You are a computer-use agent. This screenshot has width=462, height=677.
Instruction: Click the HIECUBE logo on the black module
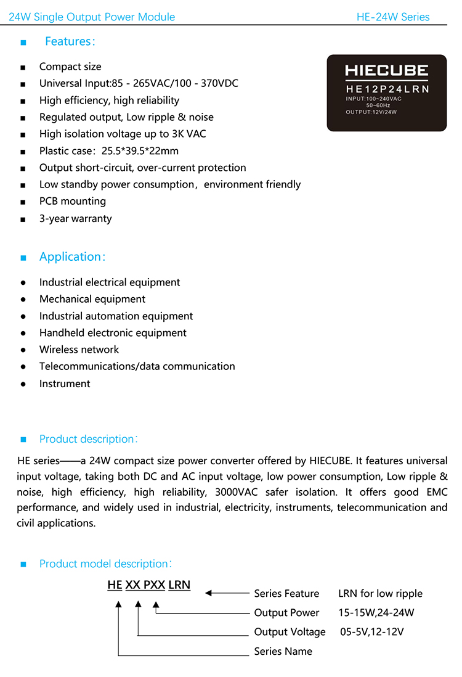pyautogui.click(x=386, y=71)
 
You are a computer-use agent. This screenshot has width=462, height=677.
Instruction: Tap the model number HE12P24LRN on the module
pyautogui.click(x=386, y=89)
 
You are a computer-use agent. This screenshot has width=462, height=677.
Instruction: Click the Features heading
pyautogui.click(x=70, y=41)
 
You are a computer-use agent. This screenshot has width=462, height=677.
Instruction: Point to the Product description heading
pyautogui.click(x=88, y=439)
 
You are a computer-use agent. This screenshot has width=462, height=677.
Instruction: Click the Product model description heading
pyautogui.click(x=105, y=564)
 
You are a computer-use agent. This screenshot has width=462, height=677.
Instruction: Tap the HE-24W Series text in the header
pyautogui.click(x=393, y=17)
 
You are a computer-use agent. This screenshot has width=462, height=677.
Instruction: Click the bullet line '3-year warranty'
pyautogui.click(x=75, y=218)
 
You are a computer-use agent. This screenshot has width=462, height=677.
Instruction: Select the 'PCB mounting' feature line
pyautogui.click(x=72, y=201)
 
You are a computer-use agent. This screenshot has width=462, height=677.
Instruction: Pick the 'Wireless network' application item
pyautogui.click(x=79, y=350)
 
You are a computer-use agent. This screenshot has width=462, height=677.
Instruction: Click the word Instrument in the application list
pyautogui.click(x=65, y=384)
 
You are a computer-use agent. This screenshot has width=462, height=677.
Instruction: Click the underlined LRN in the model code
pyautogui.click(x=179, y=585)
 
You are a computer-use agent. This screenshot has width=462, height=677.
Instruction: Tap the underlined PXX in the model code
pyautogui.click(x=154, y=585)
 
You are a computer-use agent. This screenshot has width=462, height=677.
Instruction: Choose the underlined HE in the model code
pyautogui.click(x=115, y=585)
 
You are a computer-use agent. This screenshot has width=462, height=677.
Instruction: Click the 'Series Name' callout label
pyautogui.click(x=283, y=651)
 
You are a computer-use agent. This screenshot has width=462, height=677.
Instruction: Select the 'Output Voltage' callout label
pyautogui.click(x=290, y=632)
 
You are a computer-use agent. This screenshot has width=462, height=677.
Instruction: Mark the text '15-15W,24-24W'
pyautogui.click(x=376, y=613)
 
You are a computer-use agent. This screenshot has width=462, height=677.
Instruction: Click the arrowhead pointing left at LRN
pyautogui.click(x=208, y=593)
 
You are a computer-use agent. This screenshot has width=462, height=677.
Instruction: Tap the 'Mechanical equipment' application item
pyautogui.click(x=92, y=299)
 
